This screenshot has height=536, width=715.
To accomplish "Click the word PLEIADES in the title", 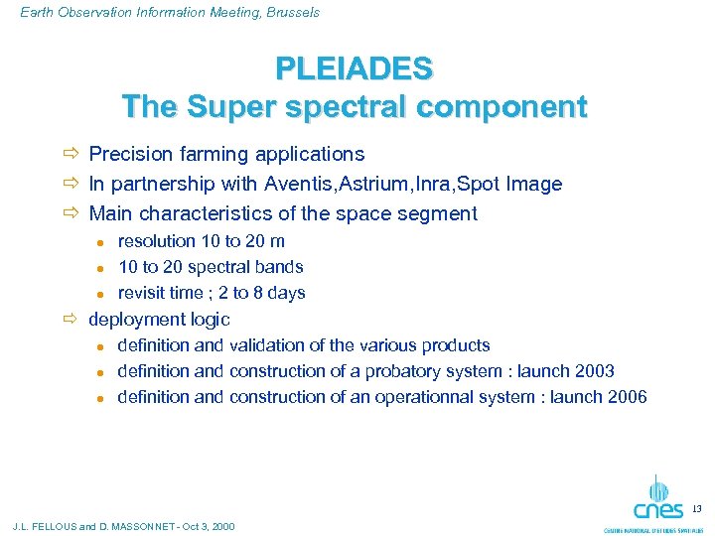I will tap(355, 68).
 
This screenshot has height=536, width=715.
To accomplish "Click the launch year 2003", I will tap(594, 371).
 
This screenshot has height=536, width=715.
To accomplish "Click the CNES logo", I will tap(657, 501).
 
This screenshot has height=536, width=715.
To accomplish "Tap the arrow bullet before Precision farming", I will tap(70, 155).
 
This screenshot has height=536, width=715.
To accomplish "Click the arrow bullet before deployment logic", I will tap(70, 320).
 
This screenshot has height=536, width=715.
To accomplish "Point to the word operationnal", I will tap(421, 397).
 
